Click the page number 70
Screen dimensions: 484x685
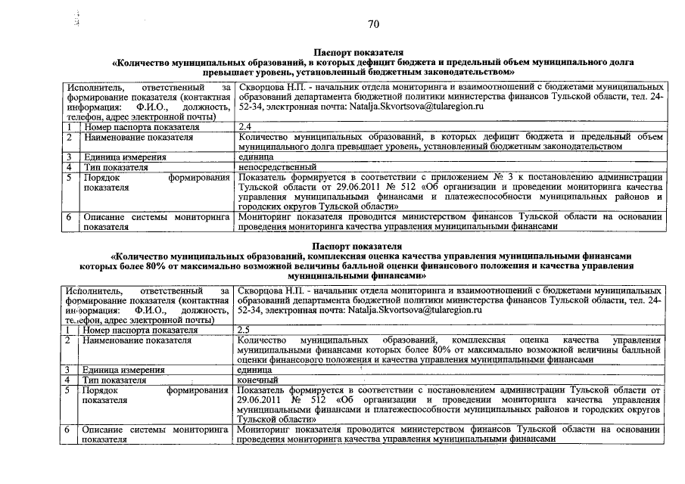pyautogui.click(x=372, y=24)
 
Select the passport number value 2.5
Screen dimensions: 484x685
pyautogui.click(x=244, y=330)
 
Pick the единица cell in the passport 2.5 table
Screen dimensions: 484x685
pyautogui.click(x=255, y=370)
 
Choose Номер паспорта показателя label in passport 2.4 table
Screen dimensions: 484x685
pyautogui.click(x=142, y=127)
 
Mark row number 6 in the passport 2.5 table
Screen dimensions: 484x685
pyautogui.click(x=68, y=430)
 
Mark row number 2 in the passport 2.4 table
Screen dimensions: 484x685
pyautogui.click(x=69, y=137)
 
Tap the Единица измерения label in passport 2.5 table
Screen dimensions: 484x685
pyautogui.click(x=123, y=370)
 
